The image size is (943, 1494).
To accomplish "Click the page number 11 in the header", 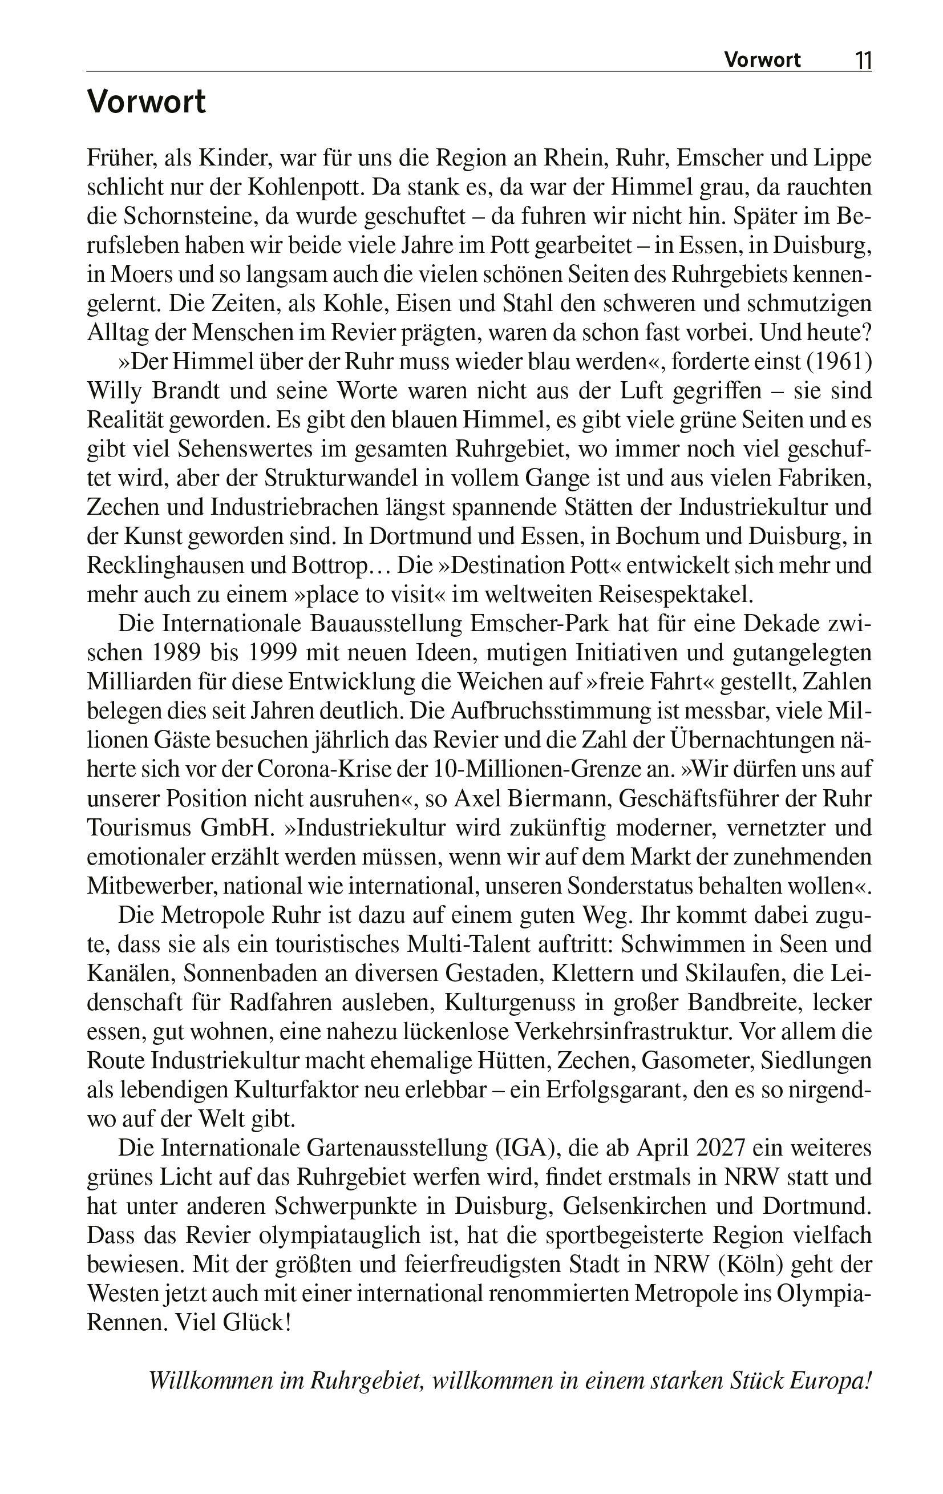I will [x=863, y=60].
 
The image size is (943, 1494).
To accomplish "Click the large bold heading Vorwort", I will [x=147, y=101].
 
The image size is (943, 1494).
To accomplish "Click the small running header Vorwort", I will [x=763, y=60].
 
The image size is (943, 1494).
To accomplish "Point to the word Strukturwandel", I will [x=345, y=478].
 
